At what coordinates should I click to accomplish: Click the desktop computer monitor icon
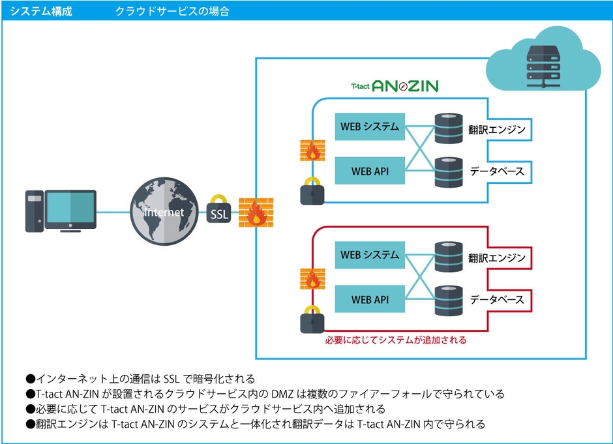pyautogui.click(x=72, y=210)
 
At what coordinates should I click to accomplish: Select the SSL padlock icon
pyautogui.click(x=219, y=211)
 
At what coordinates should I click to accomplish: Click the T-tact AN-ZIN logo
pyautogui.click(x=395, y=85)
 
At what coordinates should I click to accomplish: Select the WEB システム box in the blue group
pyautogui.click(x=370, y=126)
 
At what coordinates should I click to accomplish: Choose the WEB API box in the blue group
pyautogui.click(x=370, y=170)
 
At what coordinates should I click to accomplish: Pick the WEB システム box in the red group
pyautogui.click(x=370, y=255)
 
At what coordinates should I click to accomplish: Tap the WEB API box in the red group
pyautogui.click(x=370, y=299)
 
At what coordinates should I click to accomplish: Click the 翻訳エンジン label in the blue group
pyautogui.click(x=497, y=130)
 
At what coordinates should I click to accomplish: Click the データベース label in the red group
pyautogui.click(x=497, y=300)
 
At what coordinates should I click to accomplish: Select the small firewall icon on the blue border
pyautogui.click(x=312, y=151)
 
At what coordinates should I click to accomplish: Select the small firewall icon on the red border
pyautogui.click(x=312, y=279)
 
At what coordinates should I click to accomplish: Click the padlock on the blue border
pyautogui.click(x=312, y=192)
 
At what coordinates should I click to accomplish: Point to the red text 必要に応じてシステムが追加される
pyautogui.click(x=396, y=340)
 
